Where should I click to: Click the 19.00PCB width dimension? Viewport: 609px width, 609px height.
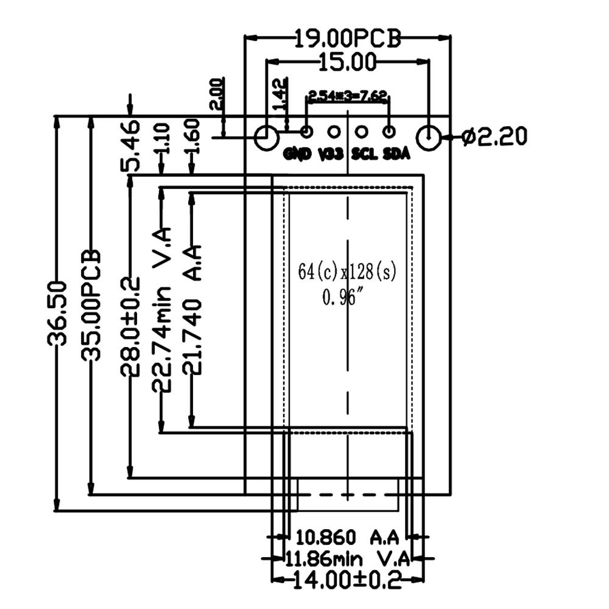(x=348, y=39)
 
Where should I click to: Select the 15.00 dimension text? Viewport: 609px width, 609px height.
(x=347, y=61)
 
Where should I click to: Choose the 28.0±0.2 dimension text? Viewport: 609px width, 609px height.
(x=130, y=326)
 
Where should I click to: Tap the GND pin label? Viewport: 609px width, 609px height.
(x=298, y=153)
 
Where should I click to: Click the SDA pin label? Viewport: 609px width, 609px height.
(x=396, y=153)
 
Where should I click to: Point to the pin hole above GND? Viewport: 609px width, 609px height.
(x=307, y=131)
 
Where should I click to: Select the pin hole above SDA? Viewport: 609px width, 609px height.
(x=389, y=131)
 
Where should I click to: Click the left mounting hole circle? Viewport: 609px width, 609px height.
(x=266, y=138)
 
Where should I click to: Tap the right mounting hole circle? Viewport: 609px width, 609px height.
(x=429, y=138)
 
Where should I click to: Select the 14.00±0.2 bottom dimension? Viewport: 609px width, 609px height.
(x=347, y=580)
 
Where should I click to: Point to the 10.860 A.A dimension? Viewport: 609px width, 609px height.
(x=347, y=537)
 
